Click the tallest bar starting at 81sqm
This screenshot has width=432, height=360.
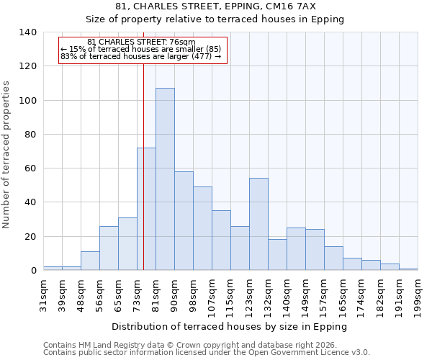pos(165,179)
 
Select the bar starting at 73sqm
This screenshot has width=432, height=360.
pos(146,209)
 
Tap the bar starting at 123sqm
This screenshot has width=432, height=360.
pos(258,224)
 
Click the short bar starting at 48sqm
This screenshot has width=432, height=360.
pos(90,261)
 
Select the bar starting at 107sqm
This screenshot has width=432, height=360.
pos(221,240)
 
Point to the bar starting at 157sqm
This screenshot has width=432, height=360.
pos(333,258)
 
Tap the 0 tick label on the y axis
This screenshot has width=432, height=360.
pos(33,271)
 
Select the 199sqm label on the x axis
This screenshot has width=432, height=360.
pos(418,296)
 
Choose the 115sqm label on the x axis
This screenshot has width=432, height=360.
pos(231,296)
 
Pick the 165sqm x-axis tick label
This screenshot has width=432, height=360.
pos(343,296)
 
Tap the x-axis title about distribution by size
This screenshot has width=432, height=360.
pos(230,326)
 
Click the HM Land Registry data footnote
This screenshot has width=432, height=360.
pos(189,345)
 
